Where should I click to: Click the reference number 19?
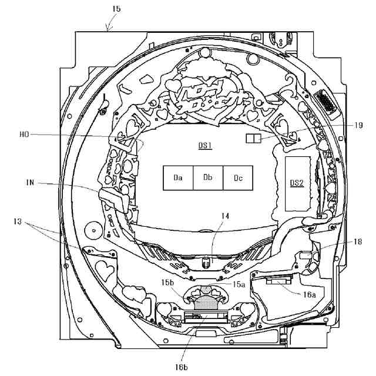(x=358, y=125)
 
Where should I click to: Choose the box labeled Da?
(x=178, y=177)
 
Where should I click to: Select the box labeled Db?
(x=208, y=177)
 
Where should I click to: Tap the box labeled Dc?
(x=238, y=177)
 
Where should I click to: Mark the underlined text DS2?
(x=297, y=183)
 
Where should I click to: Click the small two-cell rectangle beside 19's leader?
(x=252, y=138)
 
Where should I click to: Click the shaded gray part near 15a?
(x=206, y=303)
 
